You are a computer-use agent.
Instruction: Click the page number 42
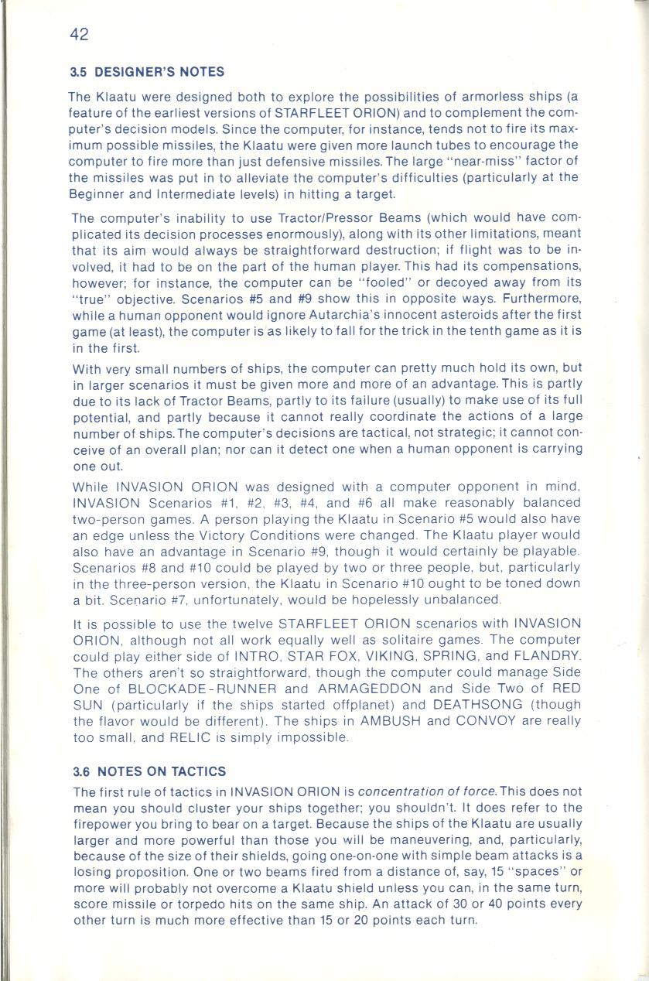click(79, 34)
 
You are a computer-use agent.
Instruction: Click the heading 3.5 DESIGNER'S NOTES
click(147, 72)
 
